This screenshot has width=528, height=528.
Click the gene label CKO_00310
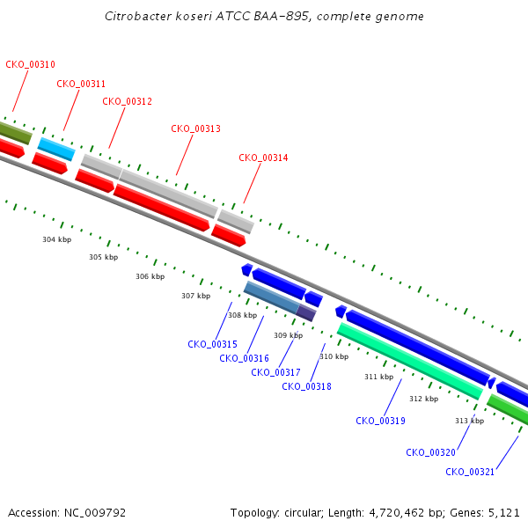[x=30, y=64]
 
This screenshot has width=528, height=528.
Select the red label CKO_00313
[x=195, y=128]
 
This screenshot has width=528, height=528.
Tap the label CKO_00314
[x=263, y=158]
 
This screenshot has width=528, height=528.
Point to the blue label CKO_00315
[x=212, y=344]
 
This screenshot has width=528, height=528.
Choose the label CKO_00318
[x=306, y=386]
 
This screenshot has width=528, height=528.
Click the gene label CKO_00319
[x=380, y=421]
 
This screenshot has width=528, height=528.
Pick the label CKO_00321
[x=470, y=472]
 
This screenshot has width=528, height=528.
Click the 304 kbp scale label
[x=56, y=239]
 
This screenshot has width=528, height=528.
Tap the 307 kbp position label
[x=195, y=296]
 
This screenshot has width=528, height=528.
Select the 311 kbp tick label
[x=378, y=377]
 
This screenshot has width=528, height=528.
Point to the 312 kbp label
[x=423, y=399]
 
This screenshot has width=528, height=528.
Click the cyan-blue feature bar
[x=56, y=149]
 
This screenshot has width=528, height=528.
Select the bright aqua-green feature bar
[x=410, y=361]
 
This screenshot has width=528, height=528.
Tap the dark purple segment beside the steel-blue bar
[x=306, y=312]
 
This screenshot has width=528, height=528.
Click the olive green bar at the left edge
[x=15, y=133]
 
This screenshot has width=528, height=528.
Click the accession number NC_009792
[x=95, y=513]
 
